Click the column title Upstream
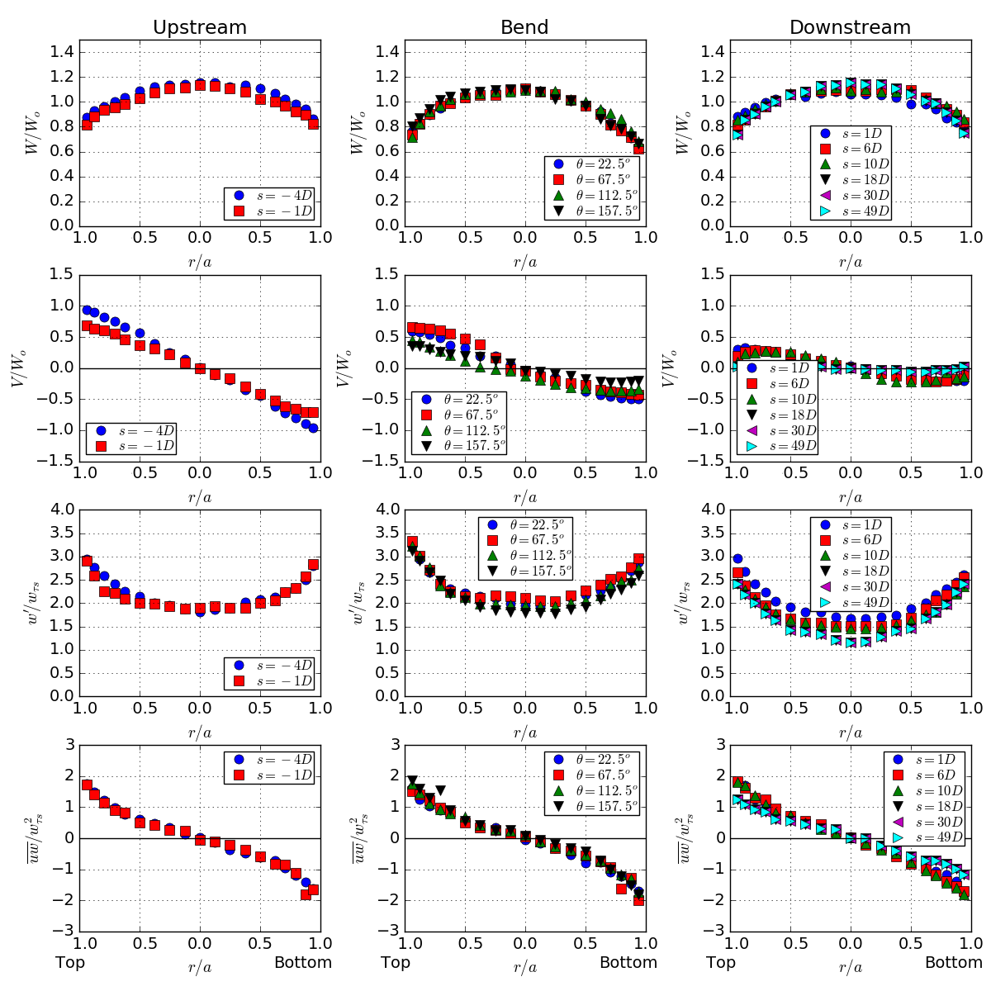200,27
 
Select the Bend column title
524,27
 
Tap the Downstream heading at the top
850,27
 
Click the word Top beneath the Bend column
396,962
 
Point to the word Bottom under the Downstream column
954,962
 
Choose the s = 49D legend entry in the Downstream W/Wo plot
851,211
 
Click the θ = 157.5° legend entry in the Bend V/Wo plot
459,445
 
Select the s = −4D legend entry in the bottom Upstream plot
269,760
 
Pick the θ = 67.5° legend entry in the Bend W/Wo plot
592,179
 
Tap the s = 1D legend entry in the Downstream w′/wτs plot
851,524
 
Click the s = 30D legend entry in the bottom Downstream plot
924,822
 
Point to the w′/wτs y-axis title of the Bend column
359,602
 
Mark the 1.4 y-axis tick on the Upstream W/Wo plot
61,52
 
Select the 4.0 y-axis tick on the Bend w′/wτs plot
386,510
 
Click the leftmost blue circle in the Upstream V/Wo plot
87,310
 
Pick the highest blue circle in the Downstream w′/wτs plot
737,558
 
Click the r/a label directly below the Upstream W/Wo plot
200,263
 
